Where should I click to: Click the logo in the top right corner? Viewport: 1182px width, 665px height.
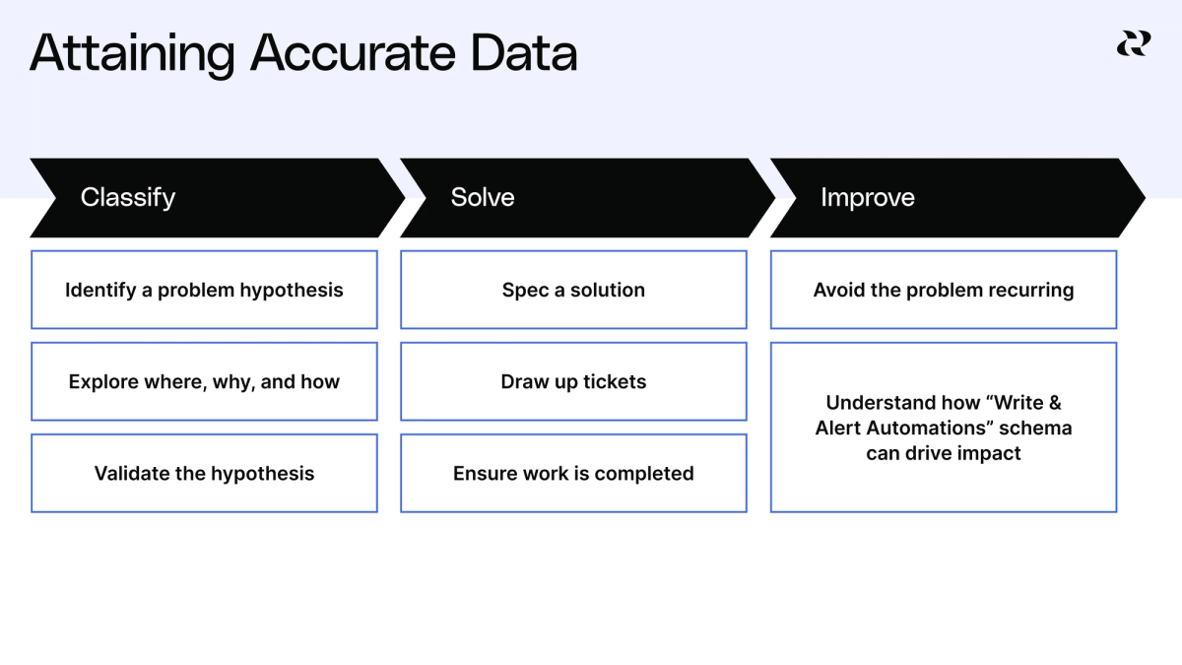1133,43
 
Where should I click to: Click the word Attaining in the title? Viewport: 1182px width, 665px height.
132,54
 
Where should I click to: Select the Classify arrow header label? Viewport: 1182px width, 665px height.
128,197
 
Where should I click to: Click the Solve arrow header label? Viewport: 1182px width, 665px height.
483,197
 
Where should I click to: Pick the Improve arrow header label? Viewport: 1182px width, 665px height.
868,197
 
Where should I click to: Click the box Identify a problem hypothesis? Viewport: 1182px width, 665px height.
204,290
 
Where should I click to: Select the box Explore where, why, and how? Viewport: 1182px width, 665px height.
204,381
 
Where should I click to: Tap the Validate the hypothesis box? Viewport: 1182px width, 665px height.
204,473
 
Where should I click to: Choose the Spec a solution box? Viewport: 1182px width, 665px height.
573,290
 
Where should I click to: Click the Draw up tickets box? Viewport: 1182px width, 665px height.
573,381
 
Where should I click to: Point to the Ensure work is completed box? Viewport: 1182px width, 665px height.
573,473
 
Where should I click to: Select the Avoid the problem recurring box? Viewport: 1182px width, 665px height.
944,290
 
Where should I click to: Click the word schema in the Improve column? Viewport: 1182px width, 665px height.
1036,429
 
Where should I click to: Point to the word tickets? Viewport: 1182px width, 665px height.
613,381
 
